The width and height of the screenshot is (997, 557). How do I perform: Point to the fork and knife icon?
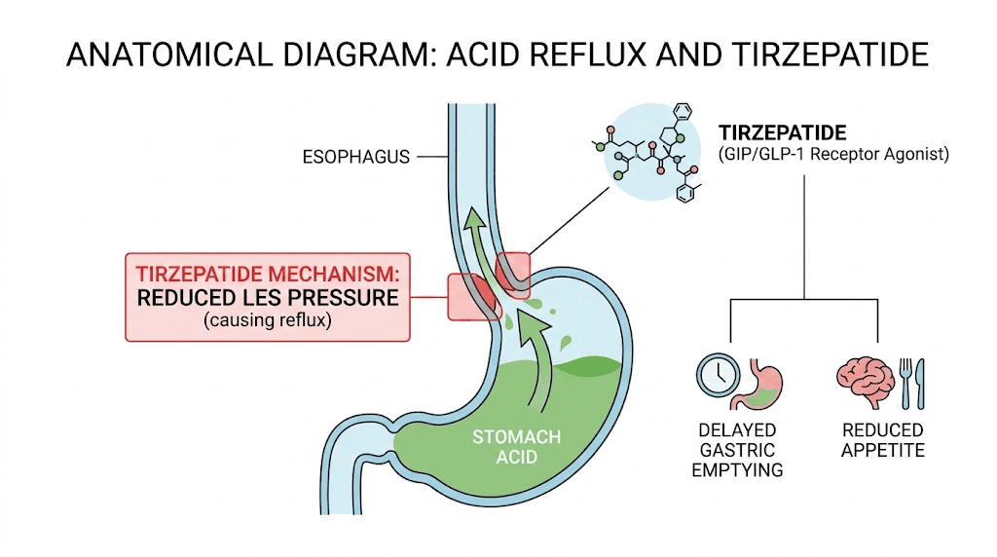pyautogui.click(x=909, y=381)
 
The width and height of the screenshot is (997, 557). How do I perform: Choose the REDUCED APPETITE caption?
pyautogui.click(x=882, y=440)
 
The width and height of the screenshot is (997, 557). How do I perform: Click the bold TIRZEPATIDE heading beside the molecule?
pyautogui.click(x=781, y=131)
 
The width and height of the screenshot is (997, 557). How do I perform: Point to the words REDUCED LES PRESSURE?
pyautogui.click(x=268, y=297)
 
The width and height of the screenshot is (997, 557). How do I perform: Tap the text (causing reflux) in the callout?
pyautogui.click(x=268, y=320)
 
